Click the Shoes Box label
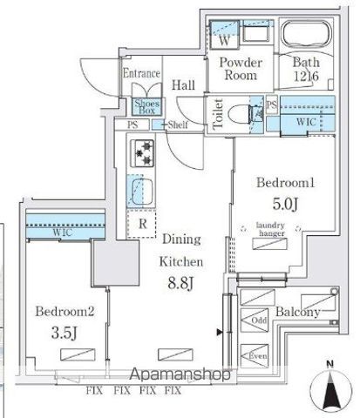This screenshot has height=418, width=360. coord(145,108)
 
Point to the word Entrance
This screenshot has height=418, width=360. coord(142,73)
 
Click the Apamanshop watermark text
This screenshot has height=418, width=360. coord(180,375)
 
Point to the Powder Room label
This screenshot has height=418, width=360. coord(235,68)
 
